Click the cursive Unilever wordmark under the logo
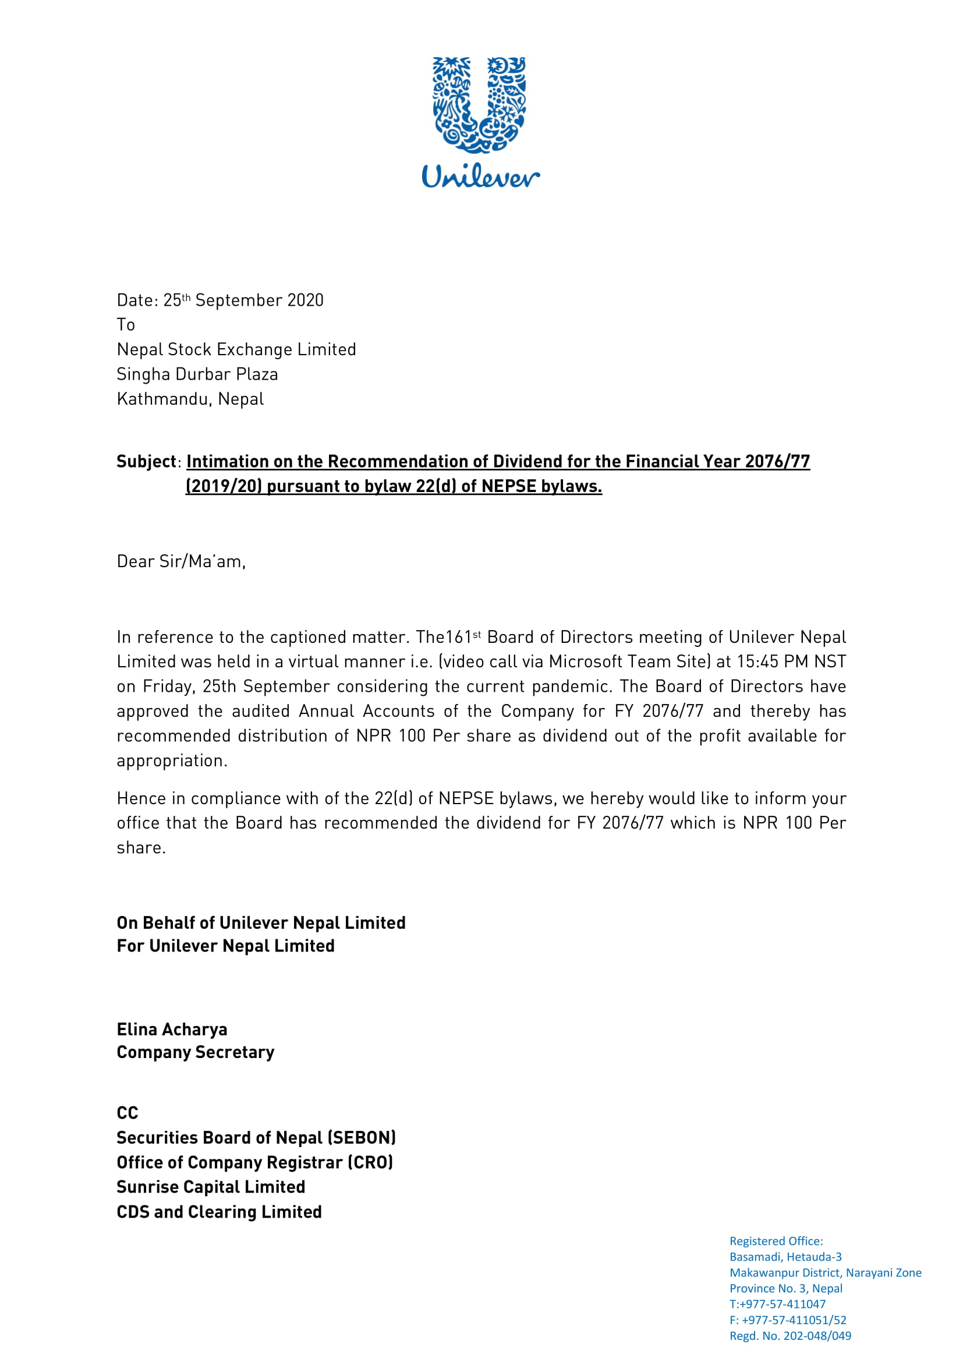480,176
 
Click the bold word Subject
147,462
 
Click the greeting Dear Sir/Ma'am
181,561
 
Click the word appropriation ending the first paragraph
171,760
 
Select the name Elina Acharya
172,1029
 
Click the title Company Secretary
196,1052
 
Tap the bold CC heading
128,1113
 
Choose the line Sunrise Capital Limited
211,1187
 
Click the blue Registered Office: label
776,1241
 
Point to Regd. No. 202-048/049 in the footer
790,1336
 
